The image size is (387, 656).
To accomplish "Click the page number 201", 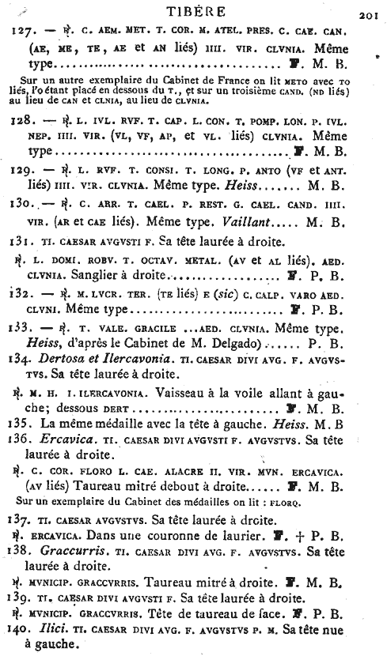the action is [370, 13].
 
